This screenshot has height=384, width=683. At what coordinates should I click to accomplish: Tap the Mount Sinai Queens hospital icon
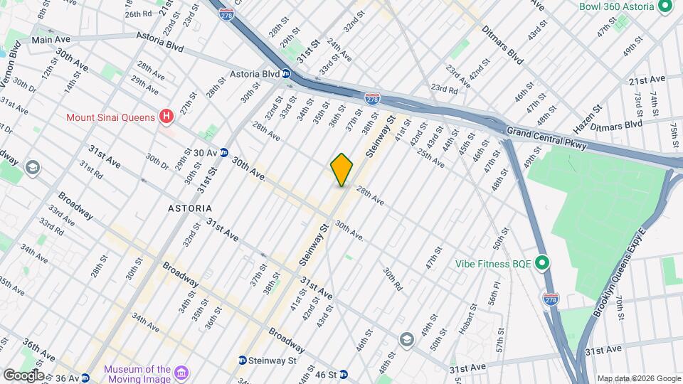pyautogui.click(x=166, y=116)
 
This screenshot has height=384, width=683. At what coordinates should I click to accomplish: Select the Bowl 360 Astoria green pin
pyautogui.click(x=666, y=6)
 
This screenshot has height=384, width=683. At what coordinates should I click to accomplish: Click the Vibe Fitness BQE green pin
pyautogui.click(x=542, y=264)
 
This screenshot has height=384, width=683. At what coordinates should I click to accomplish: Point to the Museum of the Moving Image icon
pyautogui.click(x=181, y=373)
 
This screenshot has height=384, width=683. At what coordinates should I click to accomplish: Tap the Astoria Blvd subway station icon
pyautogui.click(x=285, y=73)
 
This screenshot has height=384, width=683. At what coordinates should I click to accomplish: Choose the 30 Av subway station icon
pyautogui.click(x=223, y=152)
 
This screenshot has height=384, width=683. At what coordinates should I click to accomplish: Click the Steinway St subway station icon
pyautogui.click(x=243, y=361)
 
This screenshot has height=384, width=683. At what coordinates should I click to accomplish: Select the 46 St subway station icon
pyautogui.click(x=343, y=374)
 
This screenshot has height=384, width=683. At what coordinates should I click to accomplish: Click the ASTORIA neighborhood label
pyautogui.click(x=189, y=208)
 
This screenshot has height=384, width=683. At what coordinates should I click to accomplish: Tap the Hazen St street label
pyautogui.click(x=588, y=117)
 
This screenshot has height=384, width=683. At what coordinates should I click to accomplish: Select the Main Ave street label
pyautogui.click(x=52, y=40)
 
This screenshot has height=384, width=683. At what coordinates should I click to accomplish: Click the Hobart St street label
pyautogui.click(x=467, y=319)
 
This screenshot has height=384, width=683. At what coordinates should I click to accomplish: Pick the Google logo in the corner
pyautogui.click(x=23, y=375)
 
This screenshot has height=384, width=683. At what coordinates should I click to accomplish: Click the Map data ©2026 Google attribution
pyautogui.click(x=638, y=378)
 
